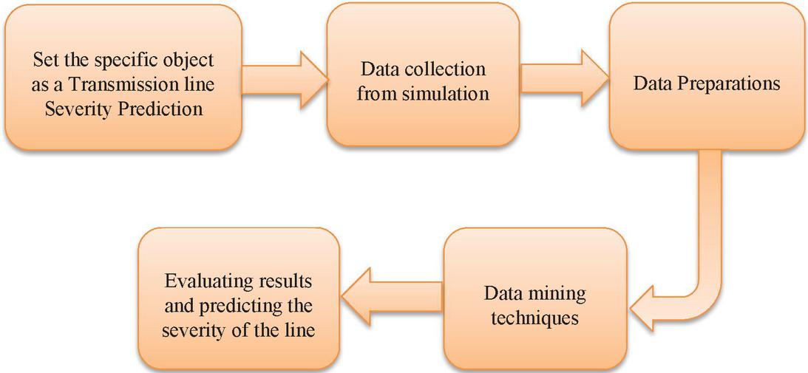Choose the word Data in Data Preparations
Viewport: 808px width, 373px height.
(652, 83)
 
